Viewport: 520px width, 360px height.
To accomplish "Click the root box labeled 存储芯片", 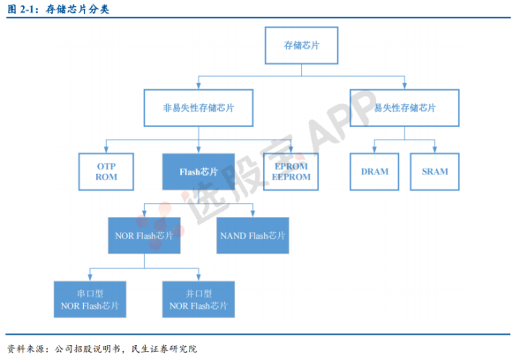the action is [301, 45].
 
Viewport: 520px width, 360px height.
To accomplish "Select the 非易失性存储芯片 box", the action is [199, 108].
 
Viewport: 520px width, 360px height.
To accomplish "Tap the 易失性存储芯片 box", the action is [404, 108].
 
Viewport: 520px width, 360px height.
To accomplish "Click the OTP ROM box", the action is [106, 172].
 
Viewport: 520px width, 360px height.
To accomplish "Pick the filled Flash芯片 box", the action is [199, 172].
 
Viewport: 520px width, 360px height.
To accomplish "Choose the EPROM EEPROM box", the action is [290, 172].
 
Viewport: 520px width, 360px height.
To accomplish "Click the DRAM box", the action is [374, 172].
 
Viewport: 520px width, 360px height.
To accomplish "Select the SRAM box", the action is [434, 172].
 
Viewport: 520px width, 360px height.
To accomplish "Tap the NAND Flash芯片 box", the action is [252, 236].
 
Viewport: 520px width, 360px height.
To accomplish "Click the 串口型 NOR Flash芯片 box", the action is [90, 299].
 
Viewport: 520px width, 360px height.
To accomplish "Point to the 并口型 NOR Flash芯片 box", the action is [199, 299].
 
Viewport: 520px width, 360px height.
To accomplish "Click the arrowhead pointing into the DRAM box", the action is [374, 149].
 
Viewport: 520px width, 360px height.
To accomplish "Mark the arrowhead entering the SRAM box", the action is [434, 149].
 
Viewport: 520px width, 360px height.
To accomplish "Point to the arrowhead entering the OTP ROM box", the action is [106, 149].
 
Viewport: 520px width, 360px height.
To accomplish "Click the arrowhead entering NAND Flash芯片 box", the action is [252, 214].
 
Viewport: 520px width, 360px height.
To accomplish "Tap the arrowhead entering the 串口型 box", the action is [90, 278].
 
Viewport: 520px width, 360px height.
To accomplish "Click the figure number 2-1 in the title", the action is [27, 10].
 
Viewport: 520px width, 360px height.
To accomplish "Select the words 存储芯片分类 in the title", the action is [78, 10].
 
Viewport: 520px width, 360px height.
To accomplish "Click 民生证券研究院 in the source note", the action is [164, 349].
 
